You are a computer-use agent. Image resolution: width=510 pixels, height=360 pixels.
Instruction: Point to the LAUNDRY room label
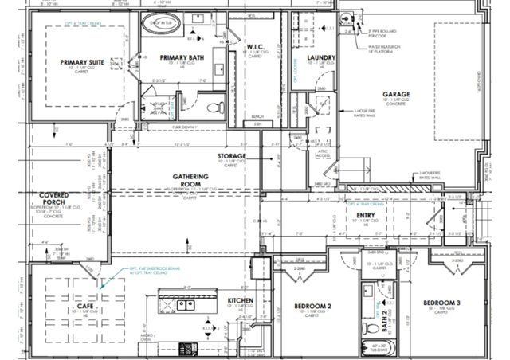pos(320,57)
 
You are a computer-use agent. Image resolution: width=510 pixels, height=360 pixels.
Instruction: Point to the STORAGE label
pos(231,155)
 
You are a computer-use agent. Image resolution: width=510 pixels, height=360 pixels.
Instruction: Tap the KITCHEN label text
pos(241,300)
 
